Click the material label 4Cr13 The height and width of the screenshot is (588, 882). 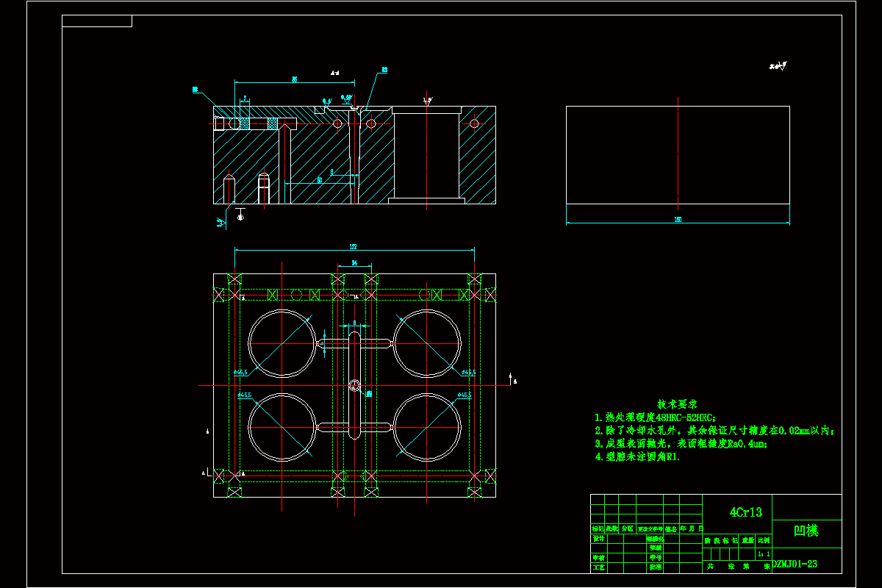click(x=745, y=512)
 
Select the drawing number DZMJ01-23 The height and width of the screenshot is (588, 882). click(x=795, y=564)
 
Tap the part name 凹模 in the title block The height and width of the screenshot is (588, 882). click(x=806, y=531)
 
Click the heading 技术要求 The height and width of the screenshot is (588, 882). click(x=677, y=404)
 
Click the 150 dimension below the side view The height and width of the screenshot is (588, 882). click(x=678, y=219)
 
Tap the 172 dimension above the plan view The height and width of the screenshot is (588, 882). click(x=354, y=246)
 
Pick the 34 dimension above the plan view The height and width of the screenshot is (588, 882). click(x=354, y=262)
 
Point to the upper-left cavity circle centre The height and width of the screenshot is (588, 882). click(x=282, y=343)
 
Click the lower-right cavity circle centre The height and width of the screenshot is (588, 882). click(x=427, y=427)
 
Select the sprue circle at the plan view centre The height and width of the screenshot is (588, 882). click(x=355, y=385)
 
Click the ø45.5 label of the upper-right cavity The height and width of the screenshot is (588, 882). click(x=467, y=373)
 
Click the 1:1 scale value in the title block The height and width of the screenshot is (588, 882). click(x=764, y=553)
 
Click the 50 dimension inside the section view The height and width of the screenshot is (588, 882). click(x=320, y=179)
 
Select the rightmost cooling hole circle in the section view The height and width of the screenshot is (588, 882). click(x=474, y=123)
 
